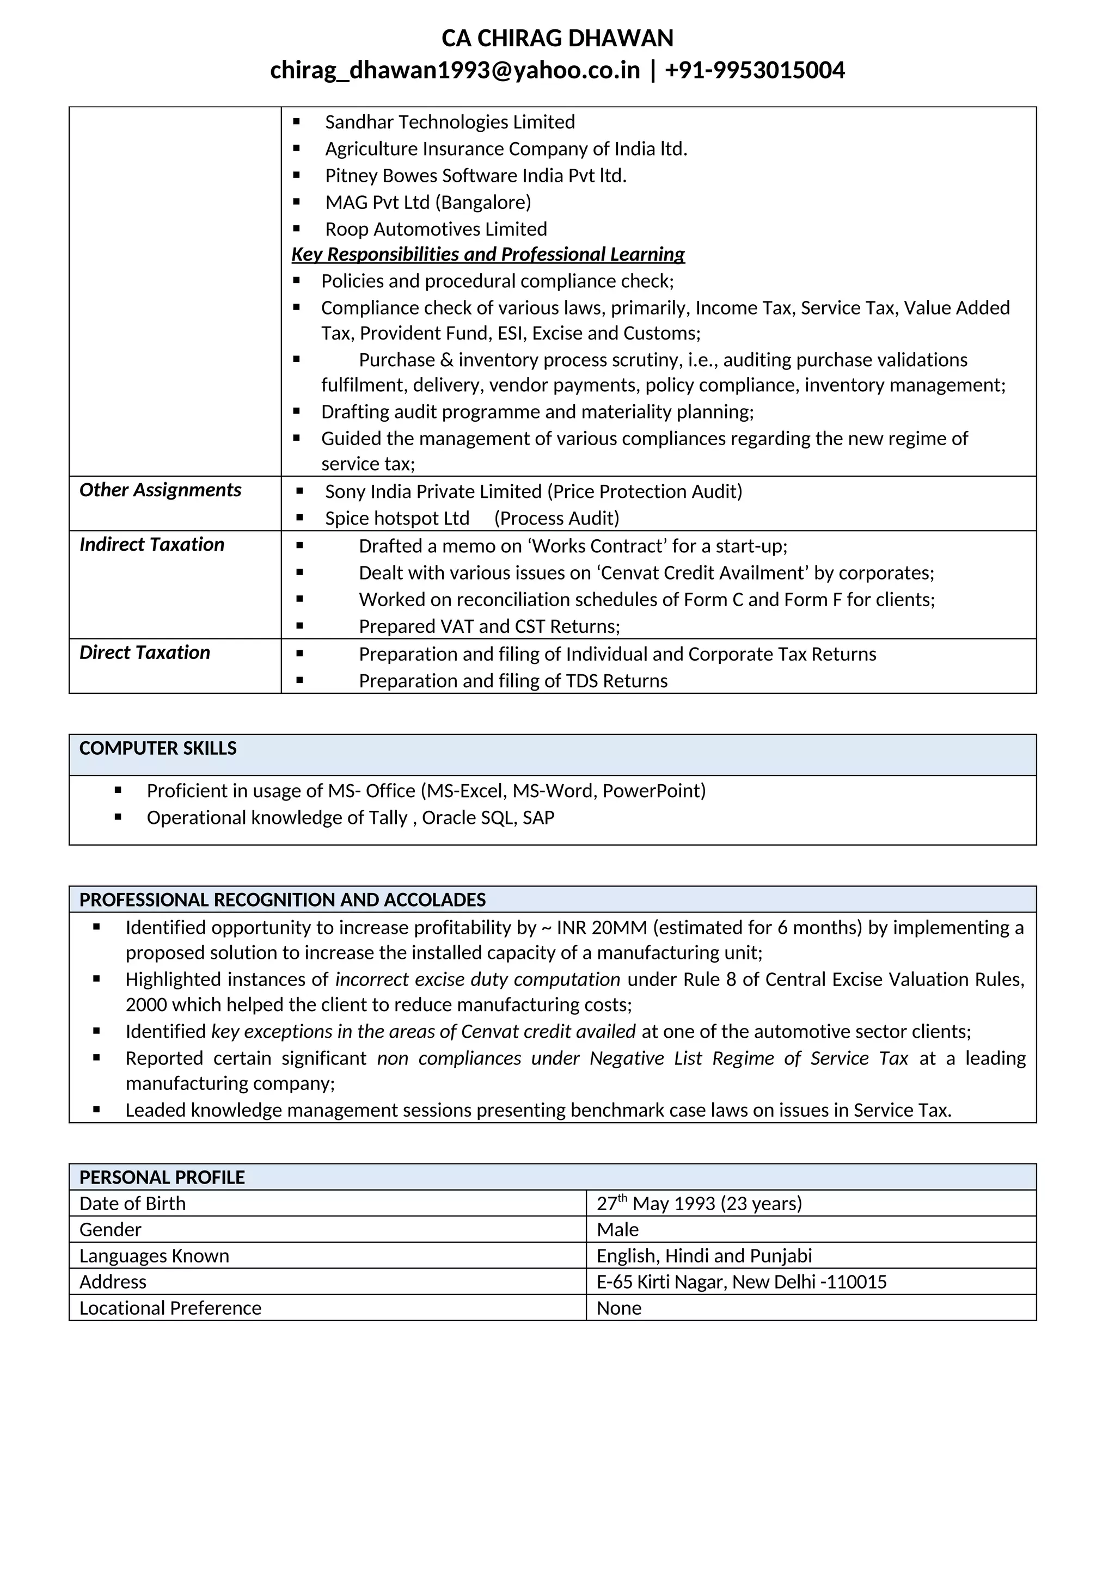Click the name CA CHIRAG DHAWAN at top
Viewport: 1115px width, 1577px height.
(x=557, y=39)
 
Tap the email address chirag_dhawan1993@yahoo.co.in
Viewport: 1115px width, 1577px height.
(x=455, y=70)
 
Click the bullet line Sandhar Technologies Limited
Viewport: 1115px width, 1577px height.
(x=450, y=122)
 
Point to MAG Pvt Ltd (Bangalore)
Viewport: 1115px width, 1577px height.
(x=428, y=202)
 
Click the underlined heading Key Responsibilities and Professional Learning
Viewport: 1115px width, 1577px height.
(x=488, y=255)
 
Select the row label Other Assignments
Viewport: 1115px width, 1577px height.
(x=160, y=490)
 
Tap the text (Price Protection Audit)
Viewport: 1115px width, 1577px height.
(x=645, y=492)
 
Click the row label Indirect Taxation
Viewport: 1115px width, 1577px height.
(x=152, y=545)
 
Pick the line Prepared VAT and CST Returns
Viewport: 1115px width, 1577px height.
(x=489, y=626)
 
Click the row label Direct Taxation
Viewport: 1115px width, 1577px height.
(x=145, y=652)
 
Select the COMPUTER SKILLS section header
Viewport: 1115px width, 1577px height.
(x=158, y=749)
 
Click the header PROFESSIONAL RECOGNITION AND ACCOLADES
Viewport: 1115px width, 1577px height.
(x=283, y=900)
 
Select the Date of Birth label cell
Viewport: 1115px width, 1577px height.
(x=133, y=1203)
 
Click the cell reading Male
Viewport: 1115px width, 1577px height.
(x=617, y=1229)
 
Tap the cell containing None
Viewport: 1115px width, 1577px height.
(x=619, y=1308)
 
